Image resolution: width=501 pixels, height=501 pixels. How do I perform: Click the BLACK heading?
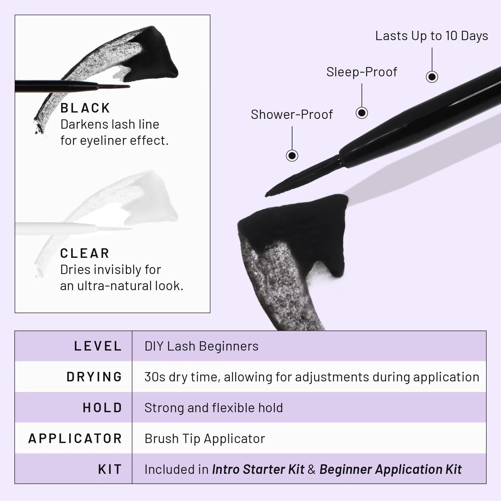pos(85,108)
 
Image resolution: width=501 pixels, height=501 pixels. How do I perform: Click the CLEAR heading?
pos(85,253)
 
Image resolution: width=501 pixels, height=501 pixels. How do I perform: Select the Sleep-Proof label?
pos(362,72)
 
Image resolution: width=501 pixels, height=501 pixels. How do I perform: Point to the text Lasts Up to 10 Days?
pos(432,36)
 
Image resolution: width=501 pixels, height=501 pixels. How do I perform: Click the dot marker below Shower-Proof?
pos(292,156)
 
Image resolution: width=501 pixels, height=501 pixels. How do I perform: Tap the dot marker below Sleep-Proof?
pos(362,113)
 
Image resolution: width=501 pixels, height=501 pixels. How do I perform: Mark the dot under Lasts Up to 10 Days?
pos(432,77)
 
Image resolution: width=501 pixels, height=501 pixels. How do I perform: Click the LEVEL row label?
pos(98,346)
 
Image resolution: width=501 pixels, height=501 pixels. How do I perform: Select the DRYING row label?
pos(94,377)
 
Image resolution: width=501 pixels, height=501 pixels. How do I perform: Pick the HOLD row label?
pos(102,408)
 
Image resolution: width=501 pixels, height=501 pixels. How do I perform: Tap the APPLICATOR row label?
pos(75,439)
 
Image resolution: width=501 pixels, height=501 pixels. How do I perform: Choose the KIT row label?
pos(110,469)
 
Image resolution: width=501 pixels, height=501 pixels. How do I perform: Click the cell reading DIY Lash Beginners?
pos(202,346)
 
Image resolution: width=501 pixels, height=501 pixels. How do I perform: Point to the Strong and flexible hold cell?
pos(213,408)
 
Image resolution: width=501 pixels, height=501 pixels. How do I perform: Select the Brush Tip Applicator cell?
pos(205,439)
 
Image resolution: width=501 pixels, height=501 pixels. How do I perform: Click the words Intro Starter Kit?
pos(258,469)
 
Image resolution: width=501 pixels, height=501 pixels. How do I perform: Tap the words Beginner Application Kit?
pos(390,469)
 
